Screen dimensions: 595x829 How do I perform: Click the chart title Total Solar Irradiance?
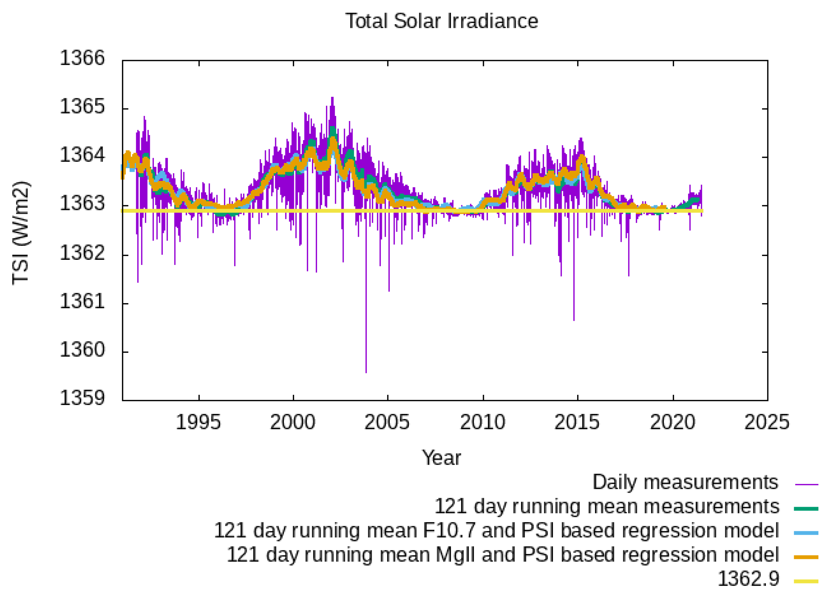coord(442,21)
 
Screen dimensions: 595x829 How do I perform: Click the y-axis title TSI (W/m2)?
coord(21,233)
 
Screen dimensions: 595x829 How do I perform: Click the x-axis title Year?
coord(441,457)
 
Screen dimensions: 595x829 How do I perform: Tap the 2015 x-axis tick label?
coord(577,422)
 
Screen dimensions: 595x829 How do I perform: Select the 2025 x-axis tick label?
coord(767,422)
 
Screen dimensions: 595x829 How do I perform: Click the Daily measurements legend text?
coord(685,482)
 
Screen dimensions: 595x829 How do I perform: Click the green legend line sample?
coord(806,508)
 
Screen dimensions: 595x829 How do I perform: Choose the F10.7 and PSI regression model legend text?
coord(496,530)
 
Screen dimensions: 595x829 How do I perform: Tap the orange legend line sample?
coord(806,557)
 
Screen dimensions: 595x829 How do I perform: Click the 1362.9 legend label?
coord(748,579)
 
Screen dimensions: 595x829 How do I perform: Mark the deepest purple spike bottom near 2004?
coord(366,371)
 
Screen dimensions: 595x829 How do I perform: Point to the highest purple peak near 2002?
coord(332,98)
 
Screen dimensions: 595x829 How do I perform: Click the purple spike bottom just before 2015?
coord(574,320)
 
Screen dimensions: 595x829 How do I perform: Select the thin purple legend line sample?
coord(806,484)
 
